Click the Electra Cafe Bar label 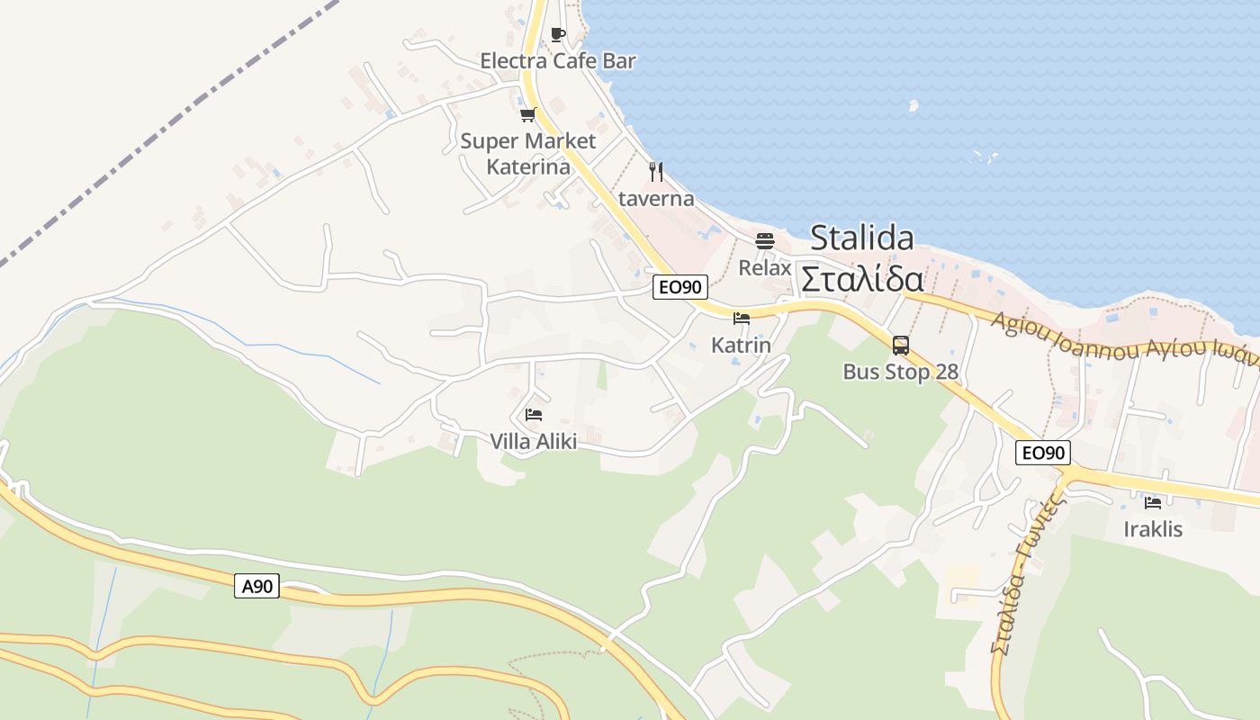coord(558,61)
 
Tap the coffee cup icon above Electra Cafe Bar coord(558,35)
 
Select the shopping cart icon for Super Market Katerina coord(528,114)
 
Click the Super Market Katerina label coord(528,154)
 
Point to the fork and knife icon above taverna coord(656,171)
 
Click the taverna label coord(656,198)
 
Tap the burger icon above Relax coord(765,241)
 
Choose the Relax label coord(765,268)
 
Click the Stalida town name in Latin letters coord(862,238)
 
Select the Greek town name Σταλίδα coord(862,278)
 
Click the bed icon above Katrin coord(742,319)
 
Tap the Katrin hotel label coord(742,345)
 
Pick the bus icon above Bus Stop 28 coord(900,345)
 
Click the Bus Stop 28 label coord(900,372)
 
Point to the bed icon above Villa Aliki coord(534,415)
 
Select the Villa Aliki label coord(534,441)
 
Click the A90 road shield coord(257,587)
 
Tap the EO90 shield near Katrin coord(680,287)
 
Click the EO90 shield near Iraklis coord(1043,453)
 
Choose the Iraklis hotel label coord(1153,529)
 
